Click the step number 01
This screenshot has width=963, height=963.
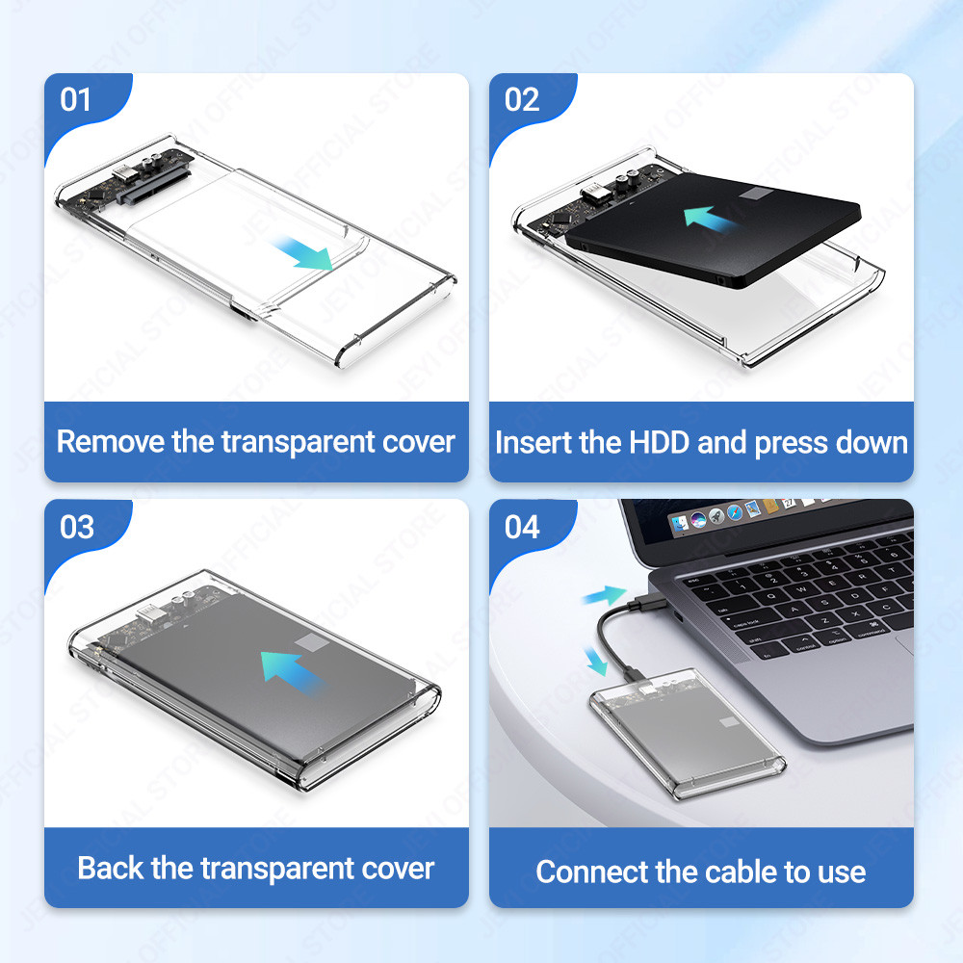click(x=75, y=99)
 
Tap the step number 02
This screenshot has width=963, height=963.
click(x=521, y=99)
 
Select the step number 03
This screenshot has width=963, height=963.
click(x=77, y=527)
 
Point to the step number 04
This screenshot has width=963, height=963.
click(x=522, y=527)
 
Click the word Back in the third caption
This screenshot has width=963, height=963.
click(x=111, y=868)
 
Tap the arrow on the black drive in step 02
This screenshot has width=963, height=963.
click(x=712, y=219)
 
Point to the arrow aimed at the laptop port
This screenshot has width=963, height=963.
click(x=605, y=595)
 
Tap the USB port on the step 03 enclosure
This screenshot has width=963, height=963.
click(x=148, y=612)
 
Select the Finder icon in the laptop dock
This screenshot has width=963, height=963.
click(x=679, y=524)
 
